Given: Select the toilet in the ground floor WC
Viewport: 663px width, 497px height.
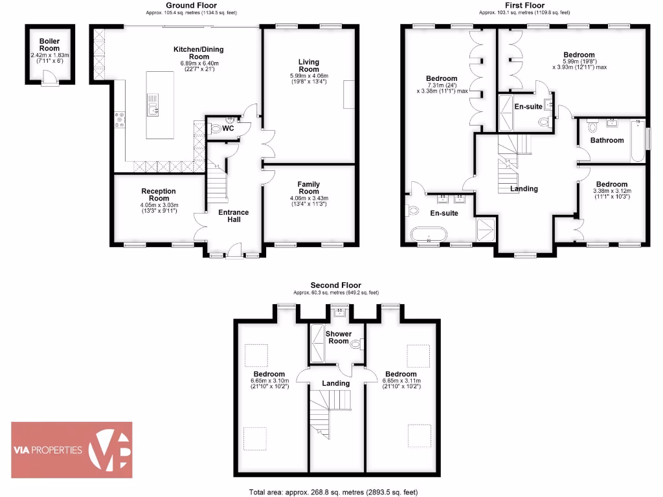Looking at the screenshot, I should point(216,128).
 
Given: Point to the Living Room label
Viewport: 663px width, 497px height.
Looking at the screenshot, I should point(309,65).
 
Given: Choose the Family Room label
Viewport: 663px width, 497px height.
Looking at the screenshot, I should point(309,188).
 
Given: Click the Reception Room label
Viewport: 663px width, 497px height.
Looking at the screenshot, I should point(159,195).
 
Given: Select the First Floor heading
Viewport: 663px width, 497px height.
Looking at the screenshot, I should point(524,5).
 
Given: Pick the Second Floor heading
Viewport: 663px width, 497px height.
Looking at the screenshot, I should point(335,285).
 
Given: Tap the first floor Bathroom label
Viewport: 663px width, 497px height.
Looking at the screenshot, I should point(607,140).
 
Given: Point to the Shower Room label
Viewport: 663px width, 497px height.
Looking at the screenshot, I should point(339,338).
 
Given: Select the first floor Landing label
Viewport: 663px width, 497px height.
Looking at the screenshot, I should point(524,189).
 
